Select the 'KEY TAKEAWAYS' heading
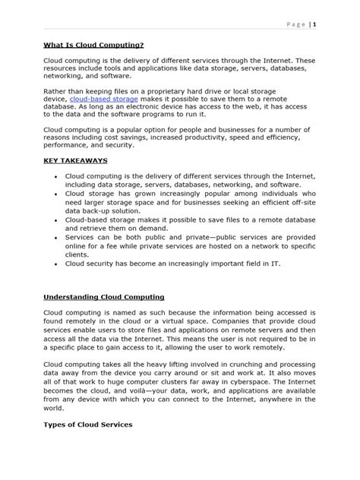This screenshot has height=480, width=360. (75, 161)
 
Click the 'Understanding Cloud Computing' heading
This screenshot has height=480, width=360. (104, 297)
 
